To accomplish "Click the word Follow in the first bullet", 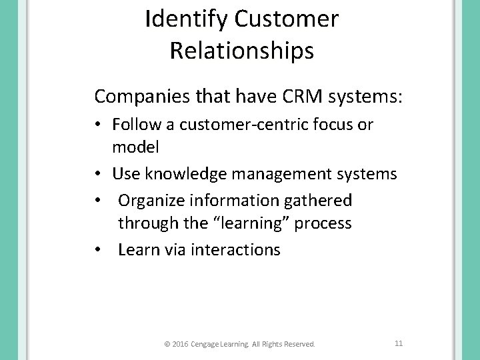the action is pyautogui.click(x=133, y=125).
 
